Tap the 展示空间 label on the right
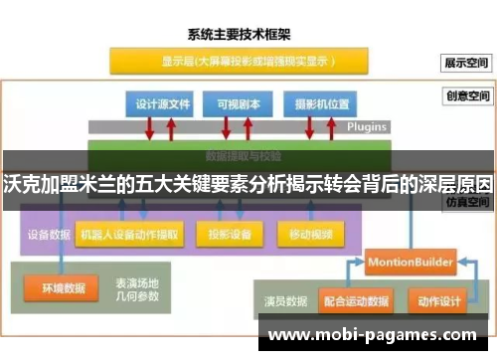467,62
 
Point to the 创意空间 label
467,97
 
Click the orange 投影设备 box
229,235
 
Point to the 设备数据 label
47,235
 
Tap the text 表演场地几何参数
135,288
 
